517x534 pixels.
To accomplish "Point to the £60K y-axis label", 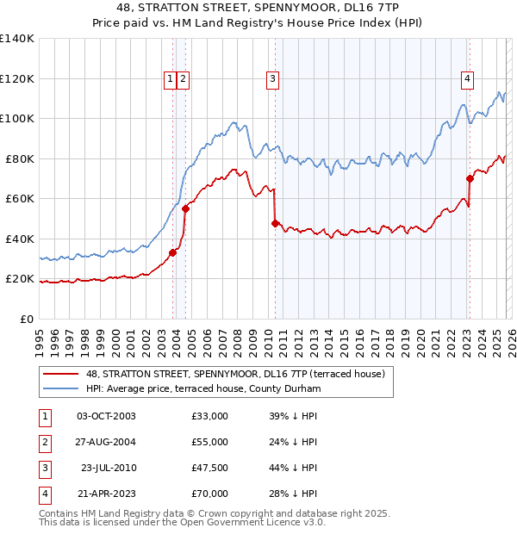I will tap(20, 199).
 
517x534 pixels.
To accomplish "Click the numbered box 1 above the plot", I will tap(171, 79).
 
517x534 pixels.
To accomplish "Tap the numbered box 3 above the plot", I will tap(272, 79).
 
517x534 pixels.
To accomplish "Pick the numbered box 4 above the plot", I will tap(467, 79).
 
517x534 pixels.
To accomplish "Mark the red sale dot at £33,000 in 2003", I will tap(173, 252).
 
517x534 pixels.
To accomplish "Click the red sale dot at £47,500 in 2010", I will tap(275, 223).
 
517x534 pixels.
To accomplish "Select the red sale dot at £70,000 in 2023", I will tap(470, 178).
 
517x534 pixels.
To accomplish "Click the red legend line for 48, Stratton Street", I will tap(61, 374).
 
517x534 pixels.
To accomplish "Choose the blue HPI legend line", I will tap(61, 389).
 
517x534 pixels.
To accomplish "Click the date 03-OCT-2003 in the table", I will tap(106, 416).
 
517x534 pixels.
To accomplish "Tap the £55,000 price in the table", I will tap(210, 442).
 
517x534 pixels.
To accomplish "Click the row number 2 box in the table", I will tap(42, 442).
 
